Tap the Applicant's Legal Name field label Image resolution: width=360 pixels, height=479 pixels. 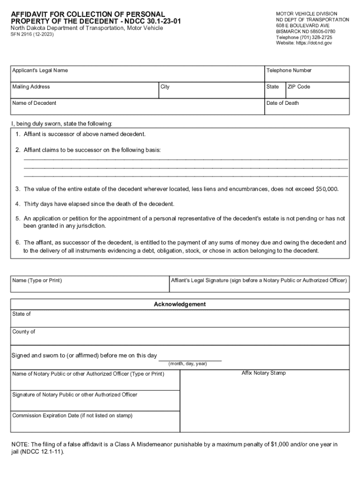click(40, 71)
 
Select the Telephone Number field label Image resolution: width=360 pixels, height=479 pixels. click(288, 71)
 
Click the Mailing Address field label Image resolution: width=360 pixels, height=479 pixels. click(31, 87)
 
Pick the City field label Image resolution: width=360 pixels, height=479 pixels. click(165, 87)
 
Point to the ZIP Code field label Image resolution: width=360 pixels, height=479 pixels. click(298, 87)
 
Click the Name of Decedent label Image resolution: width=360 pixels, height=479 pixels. click(34, 103)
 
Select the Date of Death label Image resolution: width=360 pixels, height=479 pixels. click(282, 103)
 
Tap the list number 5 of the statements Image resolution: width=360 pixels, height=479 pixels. click(17, 218)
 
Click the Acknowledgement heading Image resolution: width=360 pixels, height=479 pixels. click(180, 305)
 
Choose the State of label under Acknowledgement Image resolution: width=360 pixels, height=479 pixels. click(22, 314)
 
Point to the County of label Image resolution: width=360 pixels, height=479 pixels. click(23, 332)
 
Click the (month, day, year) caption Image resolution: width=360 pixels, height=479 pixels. click(187, 364)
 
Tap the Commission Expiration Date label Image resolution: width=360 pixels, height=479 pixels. click(72, 416)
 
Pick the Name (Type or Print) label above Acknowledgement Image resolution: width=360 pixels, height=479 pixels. click(37, 281)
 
